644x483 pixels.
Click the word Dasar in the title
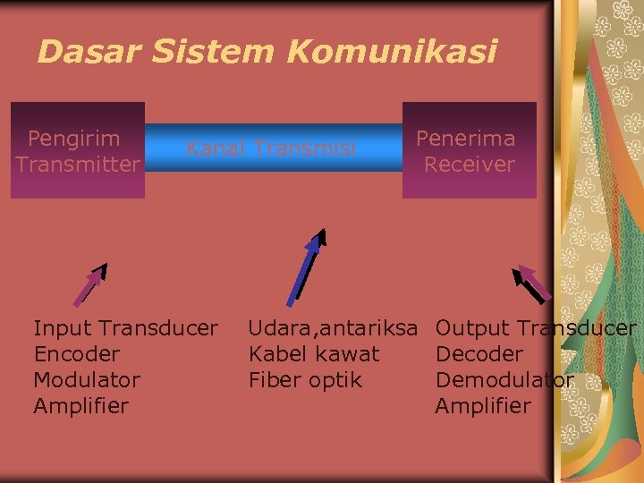tap(89, 52)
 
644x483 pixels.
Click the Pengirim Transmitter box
tap(78, 150)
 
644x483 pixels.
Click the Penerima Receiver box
tap(469, 150)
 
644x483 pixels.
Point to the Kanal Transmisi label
tap(270, 148)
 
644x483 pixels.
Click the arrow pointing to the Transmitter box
tap(89, 284)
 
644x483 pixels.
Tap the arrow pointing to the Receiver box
tap(532, 284)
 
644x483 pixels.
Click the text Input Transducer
tap(125, 328)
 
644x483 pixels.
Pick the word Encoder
tap(76, 354)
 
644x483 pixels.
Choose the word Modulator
tap(87, 380)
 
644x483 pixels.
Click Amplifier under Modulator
tap(80, 406)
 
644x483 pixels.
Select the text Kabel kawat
tap(313, 354)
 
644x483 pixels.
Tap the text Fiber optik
tap(305, 380)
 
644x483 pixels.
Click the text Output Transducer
tap(535, 328)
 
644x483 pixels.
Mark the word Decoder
tap(479, 354)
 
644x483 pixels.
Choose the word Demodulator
tap(504, 380)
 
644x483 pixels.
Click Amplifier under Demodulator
tap(482, 406)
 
